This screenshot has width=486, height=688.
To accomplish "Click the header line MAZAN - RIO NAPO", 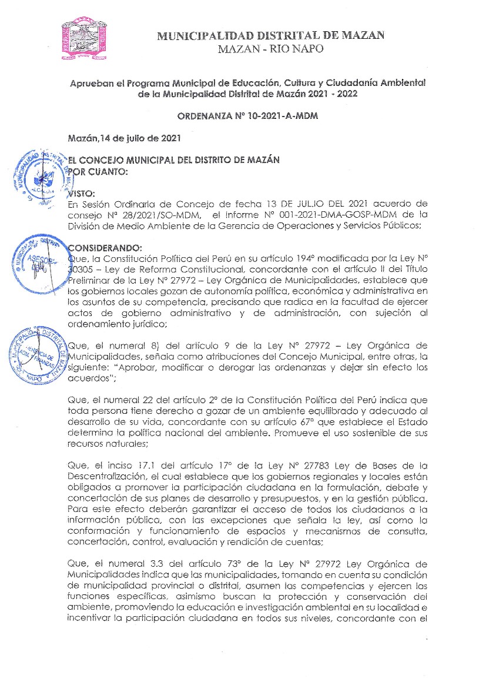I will pos(270,49).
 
